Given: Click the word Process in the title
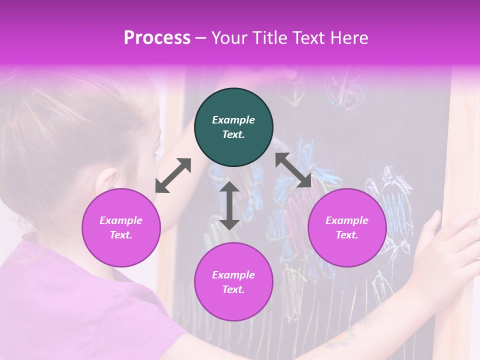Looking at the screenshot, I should pyautogui.click(x=157, y=38).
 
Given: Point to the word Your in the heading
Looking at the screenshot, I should pyautogui.click(x=228, y=38).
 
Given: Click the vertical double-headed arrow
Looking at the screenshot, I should pyautogui.click(x=229, y=205).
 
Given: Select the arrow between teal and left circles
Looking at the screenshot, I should pyautogui.click(x=173, y=175).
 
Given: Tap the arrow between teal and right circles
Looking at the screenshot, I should pyautogui.click(x=293, y=170).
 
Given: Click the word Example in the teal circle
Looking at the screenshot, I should pyautogui.click(x=233, y=120).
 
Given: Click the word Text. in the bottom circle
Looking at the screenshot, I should pyautogui.click(x=233, y=289).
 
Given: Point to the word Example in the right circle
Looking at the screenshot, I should pyautogui.click(x=347, y=220).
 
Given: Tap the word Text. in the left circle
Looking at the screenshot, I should pyautogui.click(x=121, y=235).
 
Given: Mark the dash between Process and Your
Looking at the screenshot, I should pyautogui.click(x=201, y=38).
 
